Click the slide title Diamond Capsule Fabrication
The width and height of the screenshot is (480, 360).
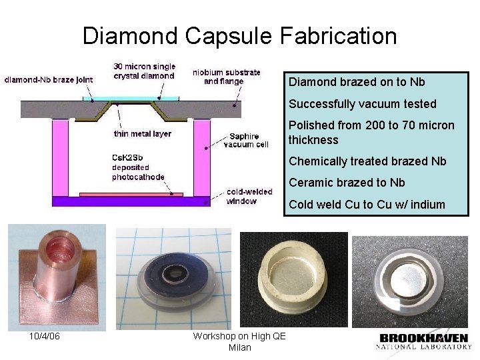click(239, 35)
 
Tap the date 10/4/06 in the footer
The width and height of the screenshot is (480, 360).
click(45, 336)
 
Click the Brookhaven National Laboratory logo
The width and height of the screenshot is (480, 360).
click(424, 341)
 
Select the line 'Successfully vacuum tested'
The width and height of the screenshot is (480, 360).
click(362, 104)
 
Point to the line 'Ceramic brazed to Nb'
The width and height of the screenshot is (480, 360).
click(347, 183)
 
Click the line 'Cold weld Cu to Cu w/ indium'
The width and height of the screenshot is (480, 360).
click(367, 204)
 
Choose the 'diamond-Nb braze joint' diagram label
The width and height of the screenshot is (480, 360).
click(48, 79)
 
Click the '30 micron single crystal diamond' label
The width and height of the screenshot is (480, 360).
click(144, 71)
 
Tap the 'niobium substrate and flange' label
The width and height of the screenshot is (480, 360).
click(227, 77)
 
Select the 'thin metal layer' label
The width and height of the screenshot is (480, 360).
click(142, 133)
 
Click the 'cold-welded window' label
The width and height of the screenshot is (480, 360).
click(249, 196)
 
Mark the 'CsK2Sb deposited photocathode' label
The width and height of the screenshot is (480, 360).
click(137, 167)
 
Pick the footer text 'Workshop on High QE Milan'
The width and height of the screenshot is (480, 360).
click(239, 341)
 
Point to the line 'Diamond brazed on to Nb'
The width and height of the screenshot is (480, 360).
click(357, 82)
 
